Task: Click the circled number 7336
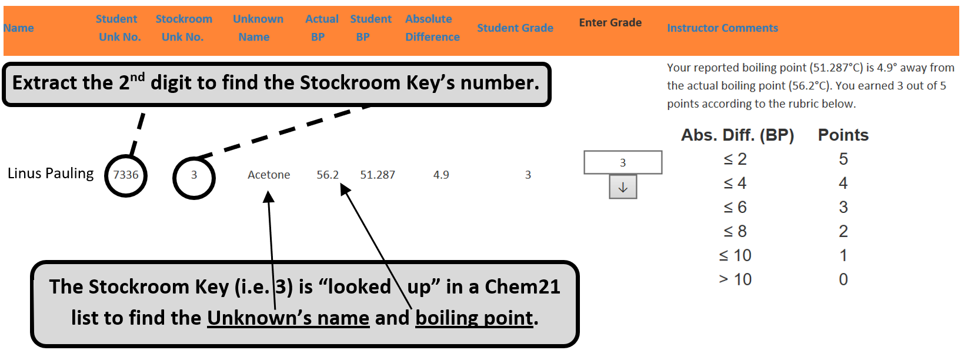126,175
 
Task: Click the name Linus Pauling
51,174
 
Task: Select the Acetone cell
269,175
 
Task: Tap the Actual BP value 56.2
327,175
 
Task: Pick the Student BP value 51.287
378,175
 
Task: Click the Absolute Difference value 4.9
441,175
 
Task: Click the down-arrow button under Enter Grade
623,188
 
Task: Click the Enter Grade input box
623,162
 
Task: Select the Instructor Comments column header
722,28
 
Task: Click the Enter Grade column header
610,22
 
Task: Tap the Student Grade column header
515,28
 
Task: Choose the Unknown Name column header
258,28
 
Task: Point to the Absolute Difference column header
432,28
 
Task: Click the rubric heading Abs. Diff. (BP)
738,135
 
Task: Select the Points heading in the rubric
843,135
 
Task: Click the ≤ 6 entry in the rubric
735,207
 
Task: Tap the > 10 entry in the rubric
735,279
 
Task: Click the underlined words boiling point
474,318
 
